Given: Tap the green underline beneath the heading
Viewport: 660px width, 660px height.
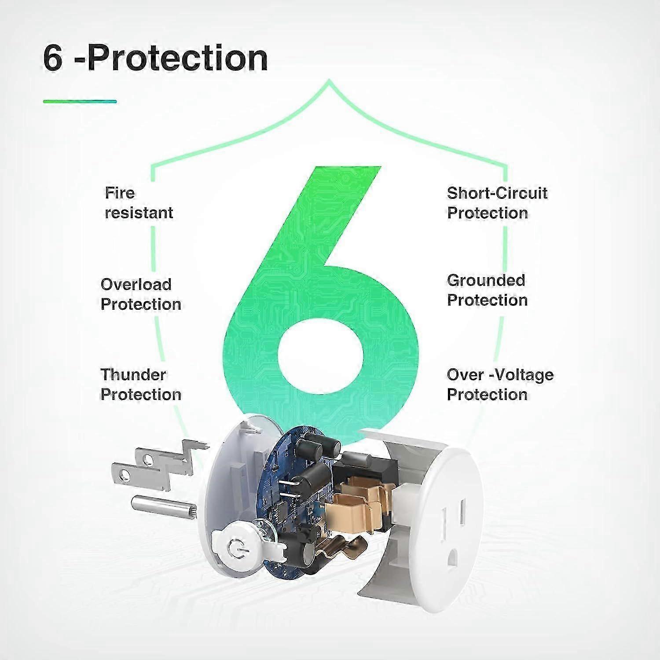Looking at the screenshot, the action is (x=80, y=101).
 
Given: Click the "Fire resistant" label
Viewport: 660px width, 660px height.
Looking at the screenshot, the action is (x=139, y=203).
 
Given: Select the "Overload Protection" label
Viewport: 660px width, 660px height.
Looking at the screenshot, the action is (x=141, y=294).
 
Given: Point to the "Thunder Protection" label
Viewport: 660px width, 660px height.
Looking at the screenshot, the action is (x=141, y=384).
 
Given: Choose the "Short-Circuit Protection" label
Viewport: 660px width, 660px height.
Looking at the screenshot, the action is (x=497, y=203).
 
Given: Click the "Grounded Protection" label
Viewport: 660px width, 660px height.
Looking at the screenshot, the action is (x=487, y=290).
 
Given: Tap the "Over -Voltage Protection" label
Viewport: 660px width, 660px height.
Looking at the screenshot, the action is (x=500, y=384).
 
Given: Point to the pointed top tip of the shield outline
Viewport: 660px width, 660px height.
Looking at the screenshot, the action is (x=329, y=80).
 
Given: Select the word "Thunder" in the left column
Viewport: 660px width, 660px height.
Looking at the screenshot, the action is (x=133, y=374).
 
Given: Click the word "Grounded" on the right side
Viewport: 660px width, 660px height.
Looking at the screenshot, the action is (x=486, y=280).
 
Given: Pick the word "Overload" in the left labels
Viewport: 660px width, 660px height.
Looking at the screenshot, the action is (x=136, y=284).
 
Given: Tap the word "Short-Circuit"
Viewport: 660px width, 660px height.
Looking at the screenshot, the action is (x=497, y=193).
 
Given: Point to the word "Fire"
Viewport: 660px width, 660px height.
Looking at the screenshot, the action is (x=120, y=193).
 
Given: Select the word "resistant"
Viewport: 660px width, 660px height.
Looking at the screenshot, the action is (x=139, y=213).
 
